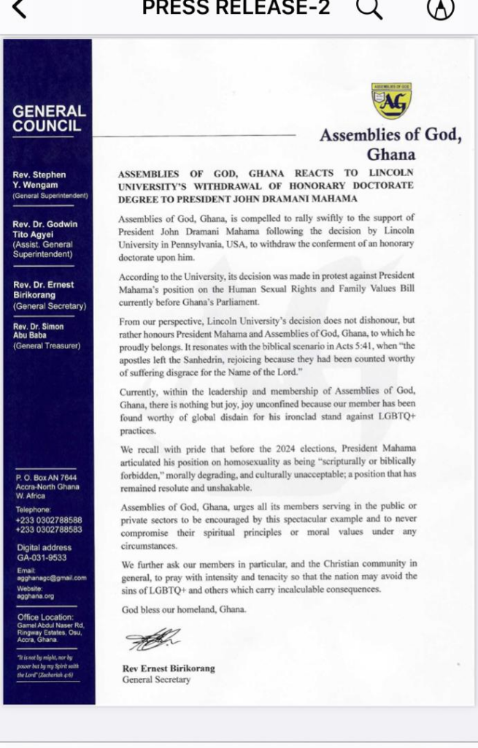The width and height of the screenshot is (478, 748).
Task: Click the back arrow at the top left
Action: pos(20,9)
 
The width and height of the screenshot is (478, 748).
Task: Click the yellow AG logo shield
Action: pos(391,102)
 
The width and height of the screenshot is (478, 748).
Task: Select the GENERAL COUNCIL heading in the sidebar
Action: pos(49,118)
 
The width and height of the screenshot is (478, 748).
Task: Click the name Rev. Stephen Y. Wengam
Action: pos(39,180)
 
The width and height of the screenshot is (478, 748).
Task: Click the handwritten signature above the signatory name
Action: pos(153,641)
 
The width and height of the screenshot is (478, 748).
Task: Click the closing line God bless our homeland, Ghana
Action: pos(182,609)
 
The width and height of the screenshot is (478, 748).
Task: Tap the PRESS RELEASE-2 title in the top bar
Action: pos(236,8)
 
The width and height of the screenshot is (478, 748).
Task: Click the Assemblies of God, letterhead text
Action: pos(390,135)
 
